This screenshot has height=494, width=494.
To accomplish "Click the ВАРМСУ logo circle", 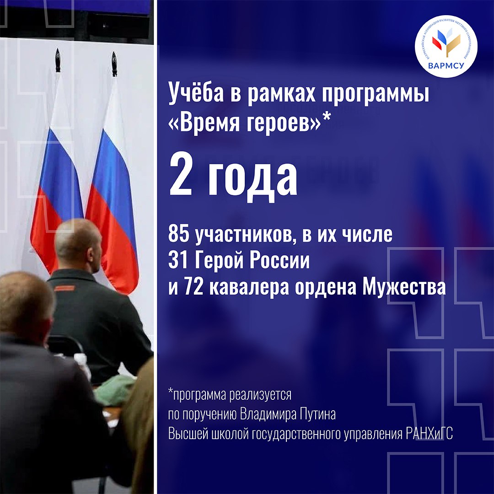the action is pyautogui.click(x=446, y=46).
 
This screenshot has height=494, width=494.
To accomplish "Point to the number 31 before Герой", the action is pyautogui.click(x=177, y=261).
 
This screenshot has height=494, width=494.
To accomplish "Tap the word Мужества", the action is pyautogui.click(x=404, y=288).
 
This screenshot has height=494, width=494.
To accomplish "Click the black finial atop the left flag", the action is pyautogui.click(x=58, y=60).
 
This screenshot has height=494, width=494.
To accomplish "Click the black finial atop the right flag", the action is pyautogui.click(x=114, y=64).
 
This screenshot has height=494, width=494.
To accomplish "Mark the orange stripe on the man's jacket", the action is pyautogui.click(x=64, y=288).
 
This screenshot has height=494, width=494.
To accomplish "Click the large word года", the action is pyautogui.click(x=252, y=180).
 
